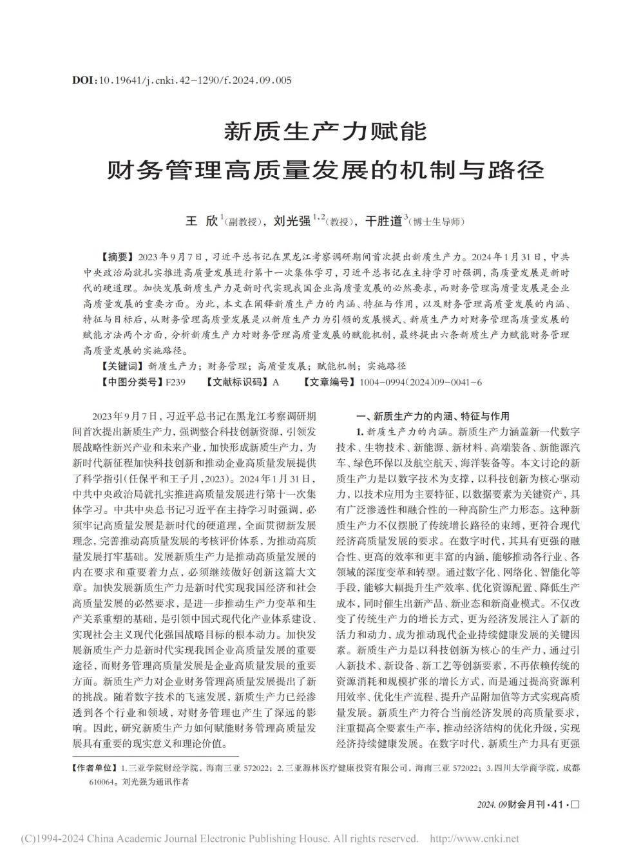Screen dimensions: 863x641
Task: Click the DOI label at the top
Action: [84, 81]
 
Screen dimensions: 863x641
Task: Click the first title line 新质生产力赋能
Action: [325, 132]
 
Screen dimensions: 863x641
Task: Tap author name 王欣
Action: [202, 221]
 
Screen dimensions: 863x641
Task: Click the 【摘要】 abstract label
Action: [111, 256]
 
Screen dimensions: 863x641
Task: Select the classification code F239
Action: [175, 382]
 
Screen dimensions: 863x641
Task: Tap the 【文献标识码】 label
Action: [236, 382]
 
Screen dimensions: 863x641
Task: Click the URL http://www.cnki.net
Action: [474, 839]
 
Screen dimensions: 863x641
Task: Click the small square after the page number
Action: [575, 805]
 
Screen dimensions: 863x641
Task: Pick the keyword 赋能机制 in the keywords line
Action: [337, 366]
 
